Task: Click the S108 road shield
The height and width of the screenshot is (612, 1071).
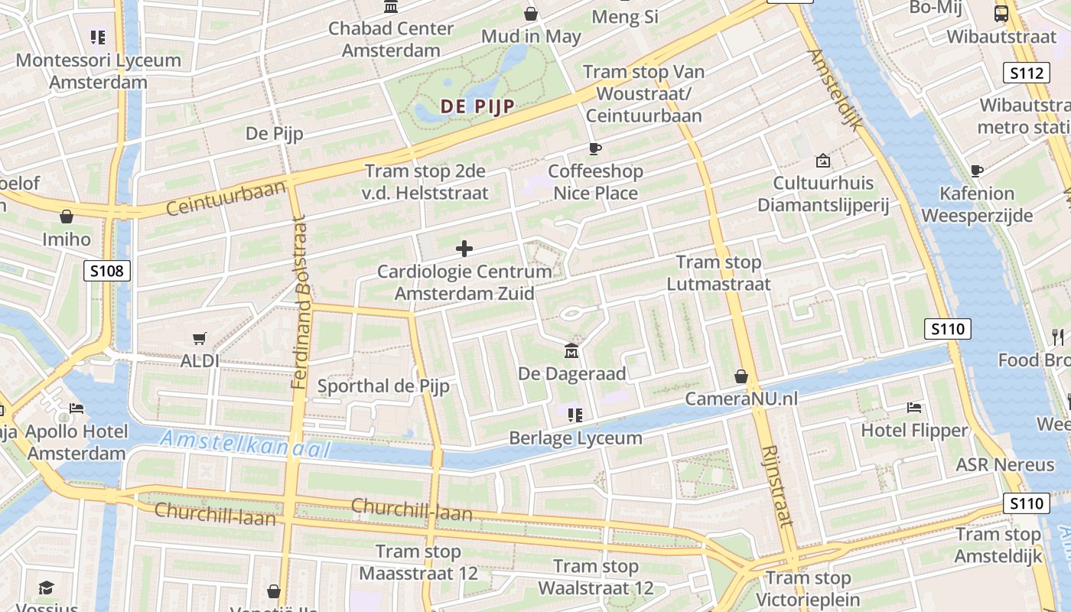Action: [x=107, y=270]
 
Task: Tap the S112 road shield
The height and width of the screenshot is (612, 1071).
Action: [x=1025, y=73]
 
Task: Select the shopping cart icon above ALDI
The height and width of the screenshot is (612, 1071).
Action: [x=200, y=338]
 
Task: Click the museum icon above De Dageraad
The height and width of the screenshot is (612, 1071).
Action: [x=571, y=351]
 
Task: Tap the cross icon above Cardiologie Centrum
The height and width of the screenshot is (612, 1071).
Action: [x=464, y=249]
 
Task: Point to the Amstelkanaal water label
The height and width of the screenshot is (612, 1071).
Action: [x=245, y=444]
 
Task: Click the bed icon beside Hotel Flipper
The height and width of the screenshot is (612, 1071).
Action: [x=914, y=408]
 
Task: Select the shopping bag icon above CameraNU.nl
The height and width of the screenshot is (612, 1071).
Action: [x=741, y=376]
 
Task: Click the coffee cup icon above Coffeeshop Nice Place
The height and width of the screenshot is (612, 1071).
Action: [x=594, y=148]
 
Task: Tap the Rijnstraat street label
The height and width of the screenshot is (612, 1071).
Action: [x=778, y=486]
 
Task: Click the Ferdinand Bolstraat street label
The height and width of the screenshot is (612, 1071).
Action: [x=300, y=302]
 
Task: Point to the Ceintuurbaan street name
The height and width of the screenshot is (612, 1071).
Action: [x=226, y=197]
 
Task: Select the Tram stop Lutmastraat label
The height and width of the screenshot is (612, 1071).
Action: [x=718, y=273]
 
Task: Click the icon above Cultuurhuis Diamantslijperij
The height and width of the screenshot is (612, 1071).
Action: [x=823, y=161]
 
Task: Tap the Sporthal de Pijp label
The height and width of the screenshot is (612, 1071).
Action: [x=383, y=386]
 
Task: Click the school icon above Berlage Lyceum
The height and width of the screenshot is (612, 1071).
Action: [x=575, y=415]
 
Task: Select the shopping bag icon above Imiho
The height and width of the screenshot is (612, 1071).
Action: [x=67, y=216]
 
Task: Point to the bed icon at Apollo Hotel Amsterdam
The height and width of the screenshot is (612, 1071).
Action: [x=76, y=408]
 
